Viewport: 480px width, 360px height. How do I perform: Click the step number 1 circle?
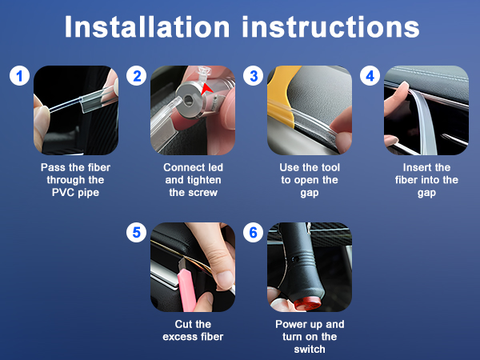(19, 76)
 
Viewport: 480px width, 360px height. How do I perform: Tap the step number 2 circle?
(137, 76)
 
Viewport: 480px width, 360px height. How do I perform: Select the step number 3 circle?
(253, 76)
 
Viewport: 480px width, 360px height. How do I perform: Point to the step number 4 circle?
(370, 76)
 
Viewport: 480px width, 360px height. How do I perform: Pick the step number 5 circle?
(137, 232)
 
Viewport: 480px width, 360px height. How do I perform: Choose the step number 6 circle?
(253, 232)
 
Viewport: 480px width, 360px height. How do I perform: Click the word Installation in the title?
(147, 27)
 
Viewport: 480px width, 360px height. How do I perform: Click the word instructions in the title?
(330, 27)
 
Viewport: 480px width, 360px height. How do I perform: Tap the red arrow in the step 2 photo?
(206, 89)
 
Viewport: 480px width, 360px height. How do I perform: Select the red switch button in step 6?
(308, 304)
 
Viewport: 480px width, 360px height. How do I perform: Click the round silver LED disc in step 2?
(189, 99)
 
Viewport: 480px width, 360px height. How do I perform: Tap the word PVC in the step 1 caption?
(63, 193)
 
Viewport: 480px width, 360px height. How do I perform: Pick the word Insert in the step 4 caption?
(414, 167)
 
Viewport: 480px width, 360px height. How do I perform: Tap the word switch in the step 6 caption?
(310, 349)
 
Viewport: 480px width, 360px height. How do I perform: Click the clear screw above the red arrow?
(204, 74)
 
